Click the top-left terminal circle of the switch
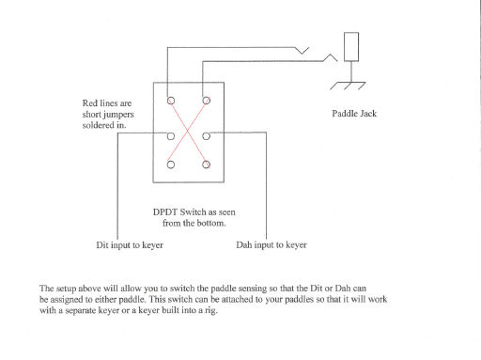171,101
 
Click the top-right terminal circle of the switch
206,101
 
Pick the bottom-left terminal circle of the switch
171,165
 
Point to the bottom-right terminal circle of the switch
206,165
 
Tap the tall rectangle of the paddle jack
352,48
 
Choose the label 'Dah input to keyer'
271,245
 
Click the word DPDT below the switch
166,211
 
